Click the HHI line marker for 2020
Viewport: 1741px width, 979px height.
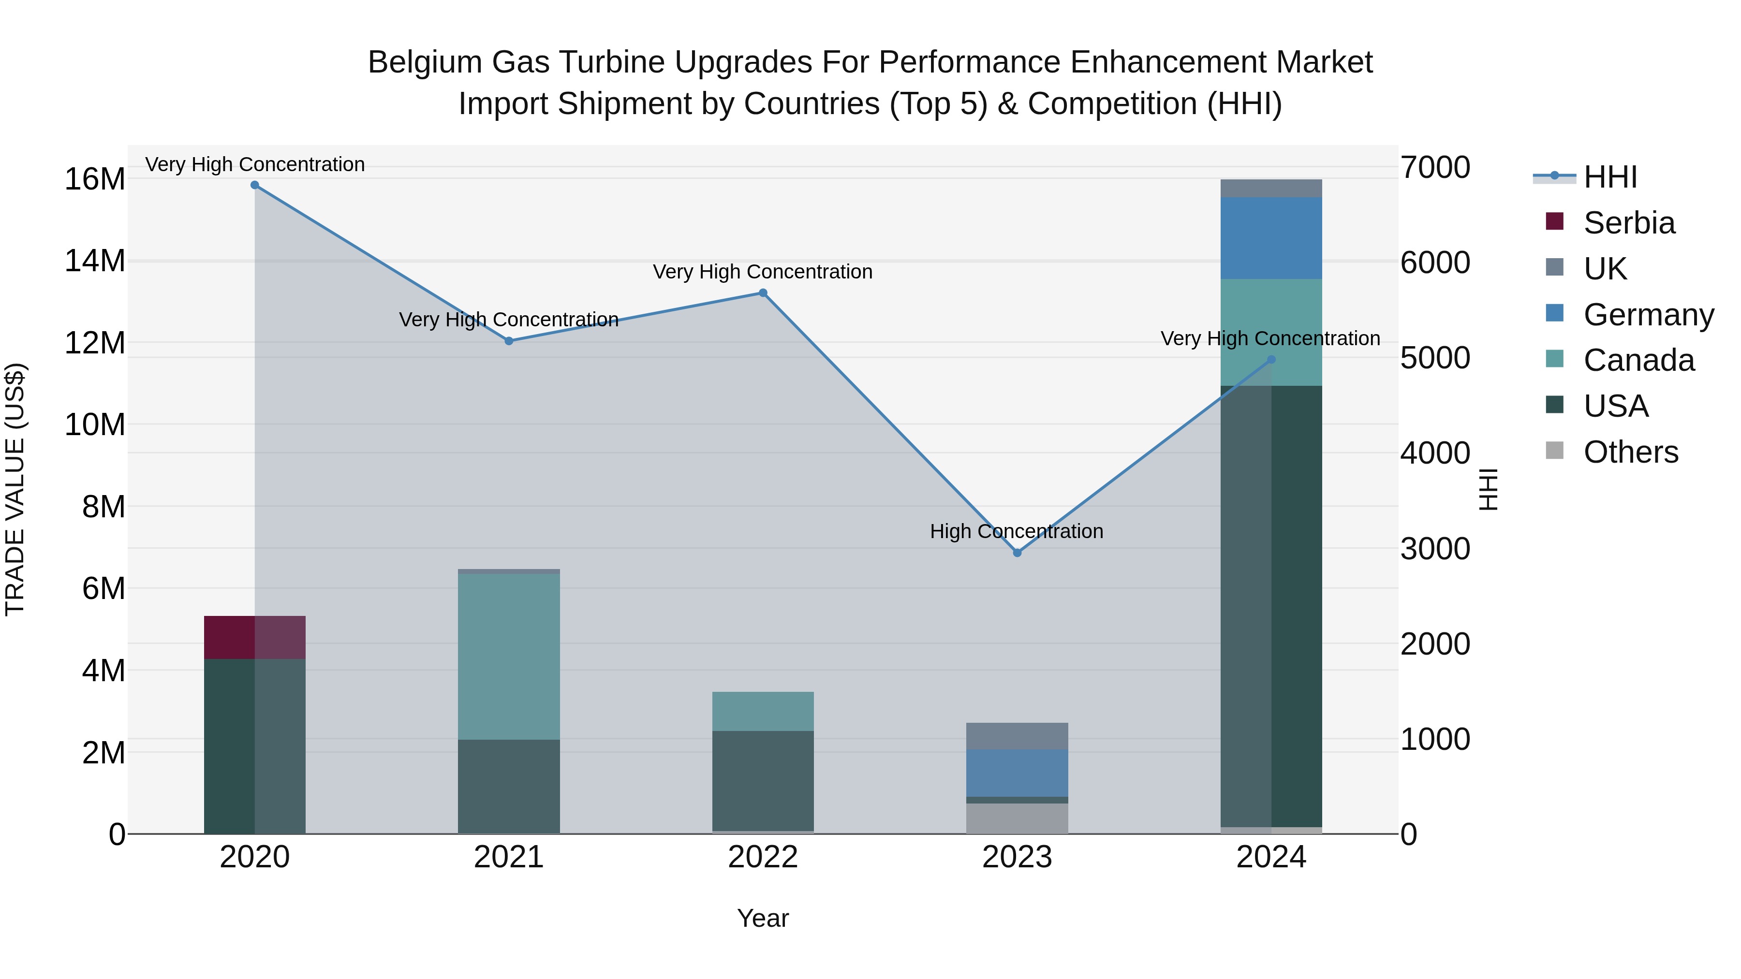tap(255, 185)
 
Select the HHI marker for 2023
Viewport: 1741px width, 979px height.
tap(1017, 553)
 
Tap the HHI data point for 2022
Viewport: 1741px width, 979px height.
tap(763, 293)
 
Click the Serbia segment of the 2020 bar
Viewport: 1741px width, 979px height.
tap(255, 637)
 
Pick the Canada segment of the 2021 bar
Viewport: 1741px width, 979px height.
tap(509, 656)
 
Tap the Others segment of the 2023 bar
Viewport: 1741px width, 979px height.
tap(1017, 818)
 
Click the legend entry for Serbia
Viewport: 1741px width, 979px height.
tap(1629, 223)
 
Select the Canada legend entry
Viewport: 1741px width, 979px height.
tap(1638, 360)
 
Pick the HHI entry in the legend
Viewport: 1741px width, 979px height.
tap(1610, 177)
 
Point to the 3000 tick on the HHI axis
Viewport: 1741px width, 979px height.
tap(1434, 549)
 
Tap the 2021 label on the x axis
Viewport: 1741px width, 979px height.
tap(509, 857)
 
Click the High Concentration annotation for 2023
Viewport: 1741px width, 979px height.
tap(1017, 531)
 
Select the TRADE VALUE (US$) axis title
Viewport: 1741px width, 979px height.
tap(15, 489)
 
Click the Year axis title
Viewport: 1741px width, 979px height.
tap(763, 918)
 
